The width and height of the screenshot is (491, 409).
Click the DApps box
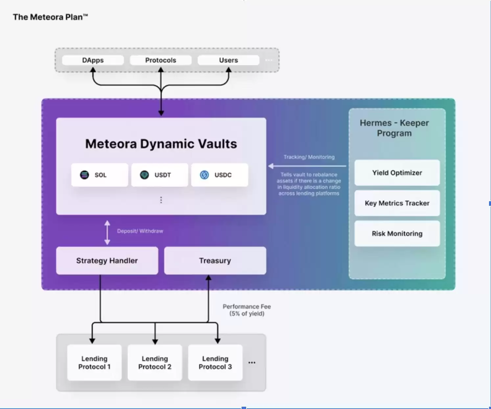pos(93,60)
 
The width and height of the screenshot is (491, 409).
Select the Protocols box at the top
pos(161,60)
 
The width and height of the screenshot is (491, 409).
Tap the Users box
pos(228,60)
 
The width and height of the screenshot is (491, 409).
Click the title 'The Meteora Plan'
pos(50,17)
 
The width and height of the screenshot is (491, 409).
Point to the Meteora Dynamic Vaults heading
pos(161,144)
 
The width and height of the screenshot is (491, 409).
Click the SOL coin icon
pos(84,175)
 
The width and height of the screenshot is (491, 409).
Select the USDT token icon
pos(144,175)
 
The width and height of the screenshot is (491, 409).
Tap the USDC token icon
pos(204,175)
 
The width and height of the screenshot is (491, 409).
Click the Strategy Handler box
pos(107,261)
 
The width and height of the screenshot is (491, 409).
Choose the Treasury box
pos(215,261)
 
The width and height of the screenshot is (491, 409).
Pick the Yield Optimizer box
pos(397,173)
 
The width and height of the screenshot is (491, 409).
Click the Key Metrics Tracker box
pos(397,203)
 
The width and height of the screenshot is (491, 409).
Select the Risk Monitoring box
pos(397,233)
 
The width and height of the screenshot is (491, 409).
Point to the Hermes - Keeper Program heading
pos(394,128)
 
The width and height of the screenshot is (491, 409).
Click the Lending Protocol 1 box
pos(94,363)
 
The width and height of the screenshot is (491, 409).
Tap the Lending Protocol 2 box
pos(155,363)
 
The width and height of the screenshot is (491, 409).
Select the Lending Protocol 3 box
pos(215,363)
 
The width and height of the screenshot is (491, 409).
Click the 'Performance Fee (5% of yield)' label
pos(247,310)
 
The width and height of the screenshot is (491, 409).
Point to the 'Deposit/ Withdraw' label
pos(140,231)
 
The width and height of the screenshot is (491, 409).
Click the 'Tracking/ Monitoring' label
pos(309,157)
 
